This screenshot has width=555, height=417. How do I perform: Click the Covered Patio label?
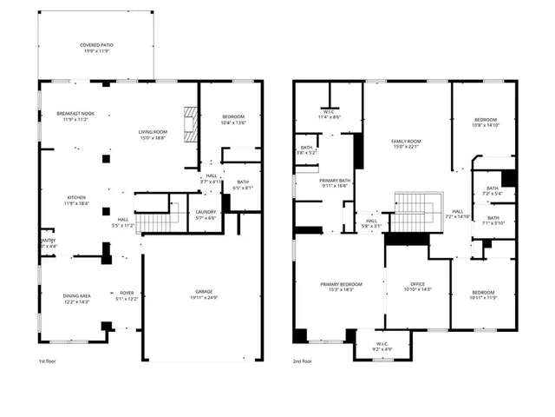pos(95,44)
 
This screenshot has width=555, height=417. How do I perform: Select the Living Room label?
pos(153,132)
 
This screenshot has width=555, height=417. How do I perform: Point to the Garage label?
pos(204,291)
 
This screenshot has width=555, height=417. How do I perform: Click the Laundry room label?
pos(206,211)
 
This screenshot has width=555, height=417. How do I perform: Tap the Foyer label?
pos(127,293)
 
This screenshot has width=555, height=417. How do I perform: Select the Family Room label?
pos(406,141)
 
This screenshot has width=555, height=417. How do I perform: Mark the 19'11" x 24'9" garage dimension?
pos(204,297)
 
